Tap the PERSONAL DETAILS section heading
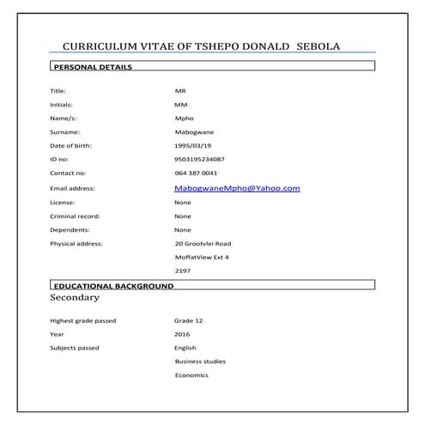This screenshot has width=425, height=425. point(92,67)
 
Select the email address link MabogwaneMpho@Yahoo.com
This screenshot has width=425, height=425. point(236,187)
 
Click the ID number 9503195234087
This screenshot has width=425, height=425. point(199,159)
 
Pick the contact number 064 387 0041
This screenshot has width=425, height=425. point(196,173)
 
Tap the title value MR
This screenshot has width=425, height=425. point(179,90)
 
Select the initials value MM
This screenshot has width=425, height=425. point(180,104)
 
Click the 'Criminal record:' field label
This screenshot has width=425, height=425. point(75,216)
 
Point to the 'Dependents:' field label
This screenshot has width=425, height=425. point(70,229)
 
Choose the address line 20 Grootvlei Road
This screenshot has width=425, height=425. point(203,244)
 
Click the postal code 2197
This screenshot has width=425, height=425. point(182,271)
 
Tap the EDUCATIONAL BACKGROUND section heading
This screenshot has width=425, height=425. point(112,285)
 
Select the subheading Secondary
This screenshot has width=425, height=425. point(75,298)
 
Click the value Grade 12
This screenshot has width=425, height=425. point(188,320)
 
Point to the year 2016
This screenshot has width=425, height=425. point(182,334)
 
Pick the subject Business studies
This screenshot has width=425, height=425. point(200,361)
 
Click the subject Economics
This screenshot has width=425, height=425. point(191,375)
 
